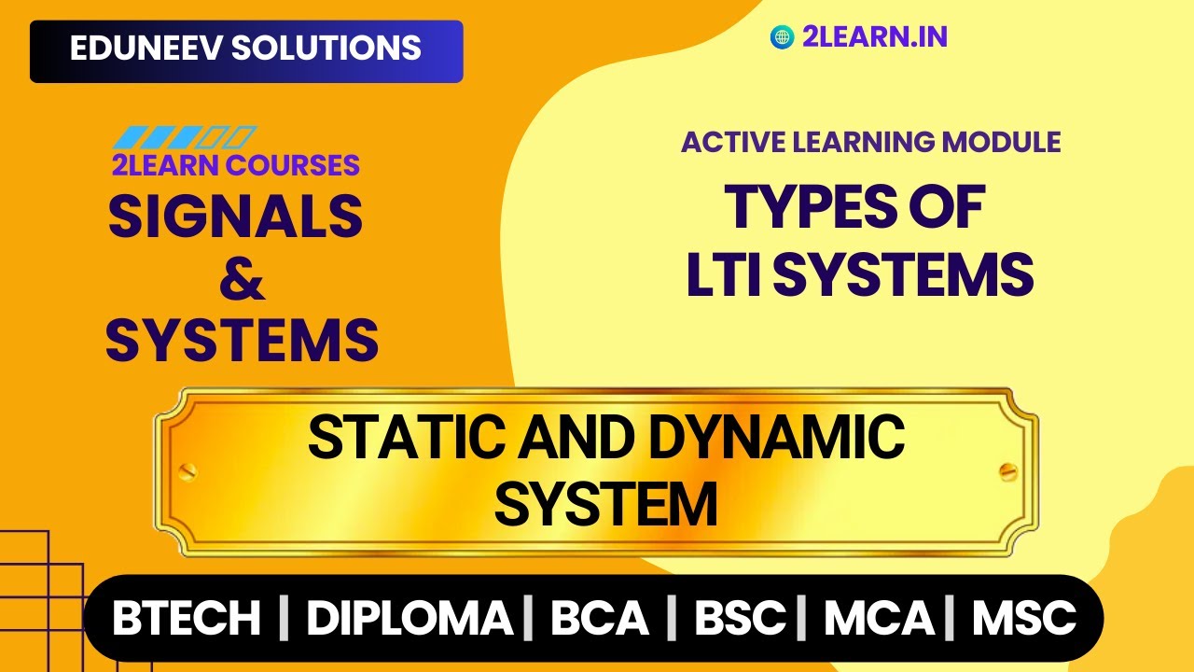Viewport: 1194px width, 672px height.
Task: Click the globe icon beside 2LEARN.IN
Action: (x=782, y=37)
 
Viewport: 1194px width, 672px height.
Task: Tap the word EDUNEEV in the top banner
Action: (x=146, y=49)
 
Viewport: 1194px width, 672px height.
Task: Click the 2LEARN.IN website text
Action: (x=875, y=37)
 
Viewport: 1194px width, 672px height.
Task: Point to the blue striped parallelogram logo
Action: (x=184, y=137)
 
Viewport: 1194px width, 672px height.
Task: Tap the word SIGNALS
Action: (x=236, y=216)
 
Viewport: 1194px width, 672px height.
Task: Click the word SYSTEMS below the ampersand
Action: (x=243, y=340)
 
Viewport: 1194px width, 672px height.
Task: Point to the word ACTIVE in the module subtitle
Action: (x=727, y=142)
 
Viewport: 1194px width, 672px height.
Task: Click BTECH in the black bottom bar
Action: (x=187, y=619)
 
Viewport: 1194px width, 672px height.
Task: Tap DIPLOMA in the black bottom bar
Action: (x=410, y=619)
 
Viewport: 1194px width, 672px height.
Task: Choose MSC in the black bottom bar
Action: (x=1024, y=619)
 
